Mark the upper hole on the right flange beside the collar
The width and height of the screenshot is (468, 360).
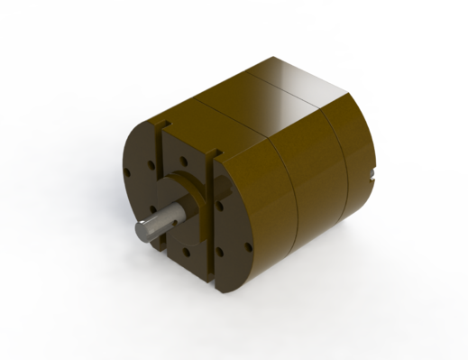[220, 206]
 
